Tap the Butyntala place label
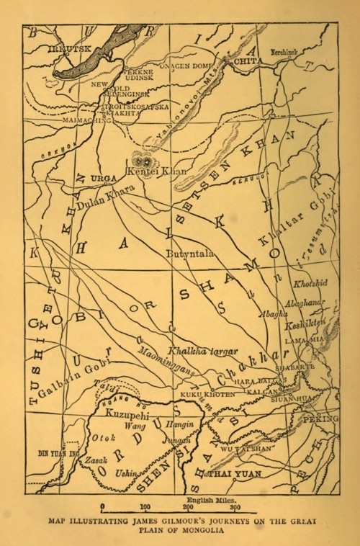pyautogui.click(x=189, y=254)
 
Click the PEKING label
pyautogui.click(x=321, y=419)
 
